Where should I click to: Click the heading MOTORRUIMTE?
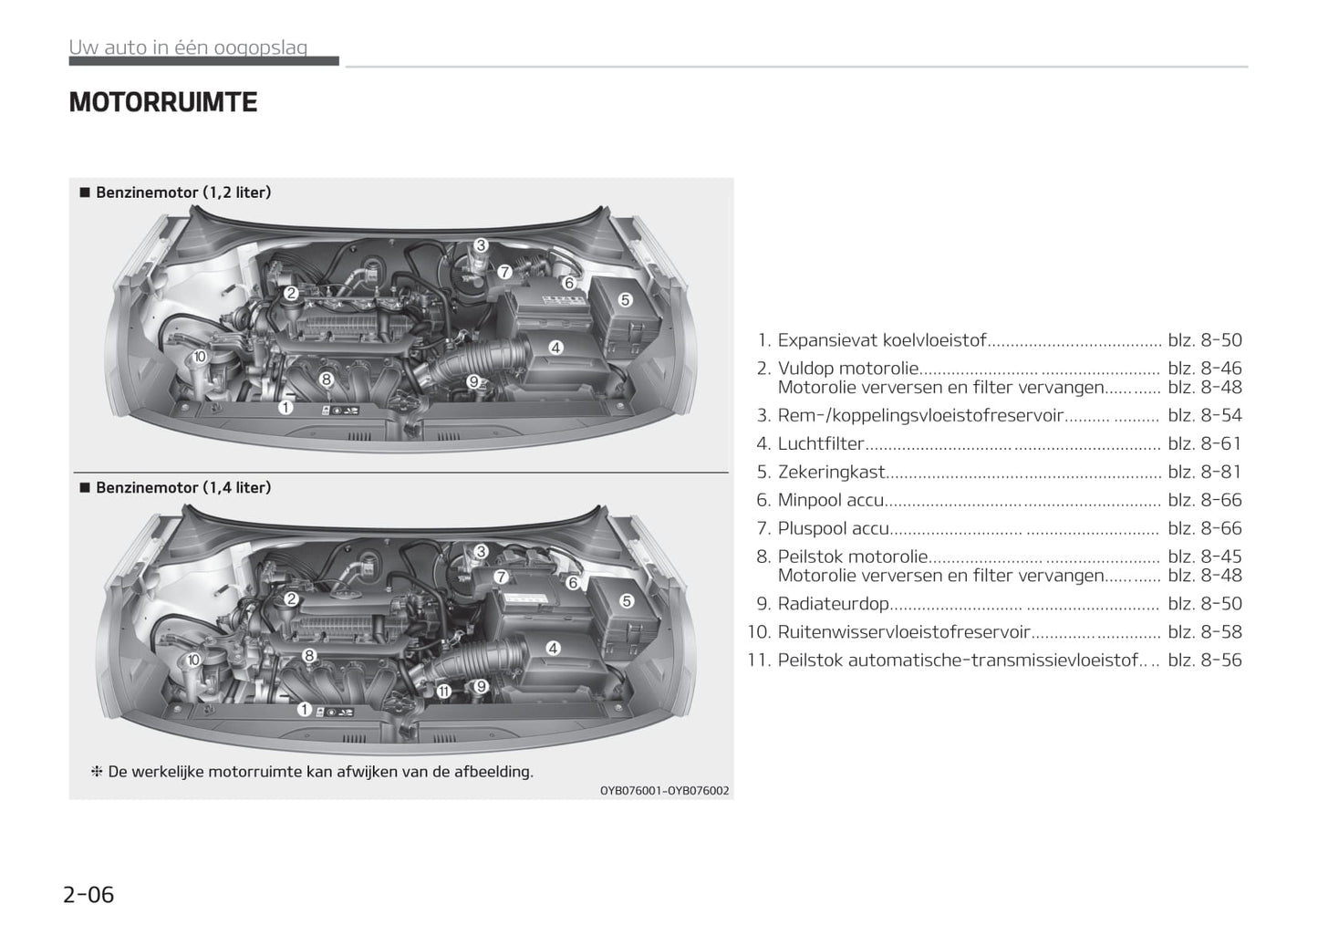[x=163, y=102]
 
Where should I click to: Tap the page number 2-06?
[x=88, y=894]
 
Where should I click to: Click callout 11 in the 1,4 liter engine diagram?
[x=443, y=692]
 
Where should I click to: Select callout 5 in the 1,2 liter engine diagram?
[x=625, y=300]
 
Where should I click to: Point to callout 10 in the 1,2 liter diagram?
[x=200, y=357]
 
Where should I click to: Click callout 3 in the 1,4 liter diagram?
[x=481, y=551]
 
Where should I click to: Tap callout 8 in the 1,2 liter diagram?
[x=327, y=379]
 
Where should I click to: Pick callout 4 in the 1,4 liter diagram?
[x=553, y=649]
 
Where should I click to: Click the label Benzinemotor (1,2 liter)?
[x=183, y=192]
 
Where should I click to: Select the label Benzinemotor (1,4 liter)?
[x=183, y=488]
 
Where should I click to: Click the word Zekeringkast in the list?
[x=831, y=472]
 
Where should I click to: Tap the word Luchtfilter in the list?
[x=820, y=443]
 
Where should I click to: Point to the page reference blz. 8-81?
[x=1204, y=472]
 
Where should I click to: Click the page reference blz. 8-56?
[x=1204, y=660]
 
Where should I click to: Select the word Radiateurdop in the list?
[x=833, y=604]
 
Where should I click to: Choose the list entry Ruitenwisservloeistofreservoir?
[x=903, y=632]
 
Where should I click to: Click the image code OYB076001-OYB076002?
[x=664, y=791]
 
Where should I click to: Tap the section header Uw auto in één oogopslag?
[x=188, y=47]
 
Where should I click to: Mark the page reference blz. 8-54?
[x=1204, y=415]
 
